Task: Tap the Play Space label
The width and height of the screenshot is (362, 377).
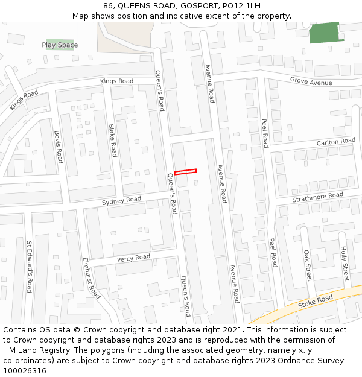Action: click(60, 45)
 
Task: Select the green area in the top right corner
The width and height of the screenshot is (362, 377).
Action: click(325, 33)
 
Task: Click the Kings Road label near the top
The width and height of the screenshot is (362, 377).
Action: click(116, 81)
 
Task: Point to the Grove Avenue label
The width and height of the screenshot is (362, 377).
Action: click(311, 81)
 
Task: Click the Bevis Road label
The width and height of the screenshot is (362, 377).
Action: click(58, 147)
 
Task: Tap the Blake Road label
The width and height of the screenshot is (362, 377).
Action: click(112, 141)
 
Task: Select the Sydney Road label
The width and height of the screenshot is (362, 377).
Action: click(121, 200)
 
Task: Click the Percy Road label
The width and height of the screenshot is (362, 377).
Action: click(133, 258)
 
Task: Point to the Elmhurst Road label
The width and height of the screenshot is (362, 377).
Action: click(91, 278)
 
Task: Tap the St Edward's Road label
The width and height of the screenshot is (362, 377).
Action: click(28, 267)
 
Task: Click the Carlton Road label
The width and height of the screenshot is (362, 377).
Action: click(336, 142)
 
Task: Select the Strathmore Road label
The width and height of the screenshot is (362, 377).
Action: click(317, 197)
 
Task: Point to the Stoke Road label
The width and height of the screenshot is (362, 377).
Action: click(316, 302)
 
